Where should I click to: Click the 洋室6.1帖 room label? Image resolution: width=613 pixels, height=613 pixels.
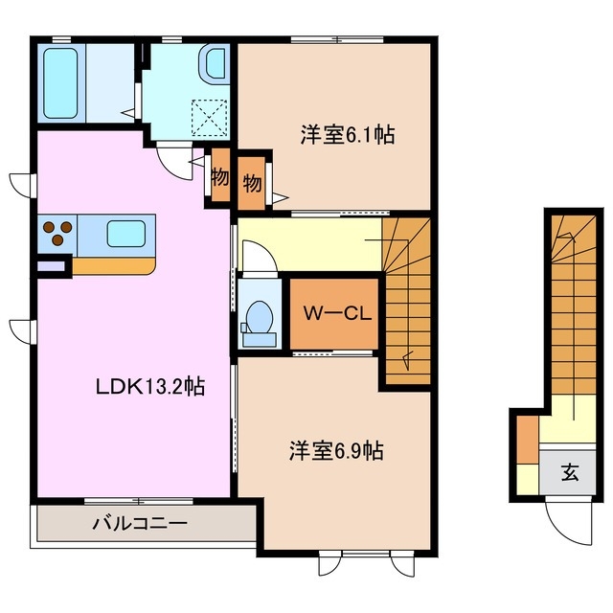click(347, 135)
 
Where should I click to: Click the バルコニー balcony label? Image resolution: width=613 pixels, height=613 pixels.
click(140, 524)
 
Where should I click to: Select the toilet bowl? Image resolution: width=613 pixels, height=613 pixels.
click(259, 317)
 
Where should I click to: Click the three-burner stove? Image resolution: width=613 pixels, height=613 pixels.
click(57, 233)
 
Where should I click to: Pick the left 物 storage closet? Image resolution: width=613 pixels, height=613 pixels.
click(219, 178)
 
